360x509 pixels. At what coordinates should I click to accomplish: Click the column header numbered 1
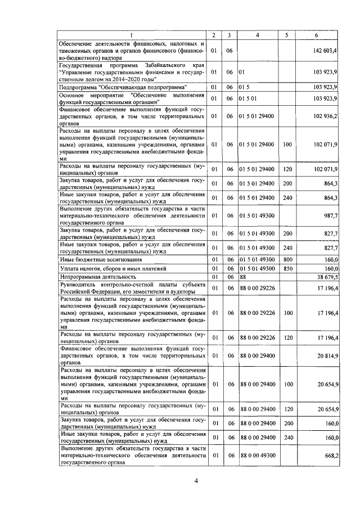132,35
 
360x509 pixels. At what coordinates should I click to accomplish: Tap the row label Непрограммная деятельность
98,277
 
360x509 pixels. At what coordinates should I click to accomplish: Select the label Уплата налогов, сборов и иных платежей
106,268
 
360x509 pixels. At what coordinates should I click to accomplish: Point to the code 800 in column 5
287,259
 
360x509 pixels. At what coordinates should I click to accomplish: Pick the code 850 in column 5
287,268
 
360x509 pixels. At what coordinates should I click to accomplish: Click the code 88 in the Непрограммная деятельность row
243,277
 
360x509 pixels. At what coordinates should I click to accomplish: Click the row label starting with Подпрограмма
123,87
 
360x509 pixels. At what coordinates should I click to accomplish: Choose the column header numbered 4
257,35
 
